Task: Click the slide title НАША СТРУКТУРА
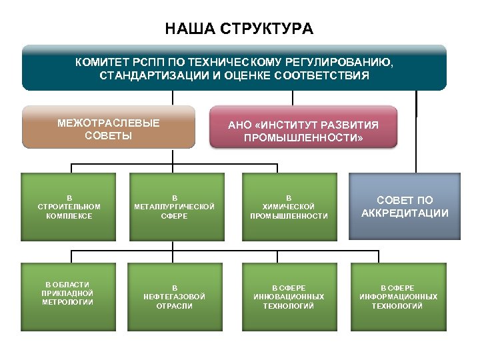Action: click(239, 29)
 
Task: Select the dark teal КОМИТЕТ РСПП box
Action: click(233, 68)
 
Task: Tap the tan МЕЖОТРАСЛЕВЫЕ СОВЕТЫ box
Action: click(109, 127)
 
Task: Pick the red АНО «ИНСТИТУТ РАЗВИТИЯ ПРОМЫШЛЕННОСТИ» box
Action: click(303, 127)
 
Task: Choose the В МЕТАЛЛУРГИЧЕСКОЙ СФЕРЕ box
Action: click(175, 207)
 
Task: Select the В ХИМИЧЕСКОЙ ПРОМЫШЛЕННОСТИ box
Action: click(289, 207)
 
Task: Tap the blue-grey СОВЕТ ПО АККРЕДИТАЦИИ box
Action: click(405, 207)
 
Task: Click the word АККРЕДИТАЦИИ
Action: click(405, 214)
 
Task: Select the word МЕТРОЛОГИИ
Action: click(67, 302)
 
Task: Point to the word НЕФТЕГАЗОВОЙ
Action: click(175, 297)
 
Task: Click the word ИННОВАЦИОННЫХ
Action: click(289, 297)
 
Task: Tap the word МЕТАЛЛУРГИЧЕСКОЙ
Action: click(175, 207)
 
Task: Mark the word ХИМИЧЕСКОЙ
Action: click(289, 207)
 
